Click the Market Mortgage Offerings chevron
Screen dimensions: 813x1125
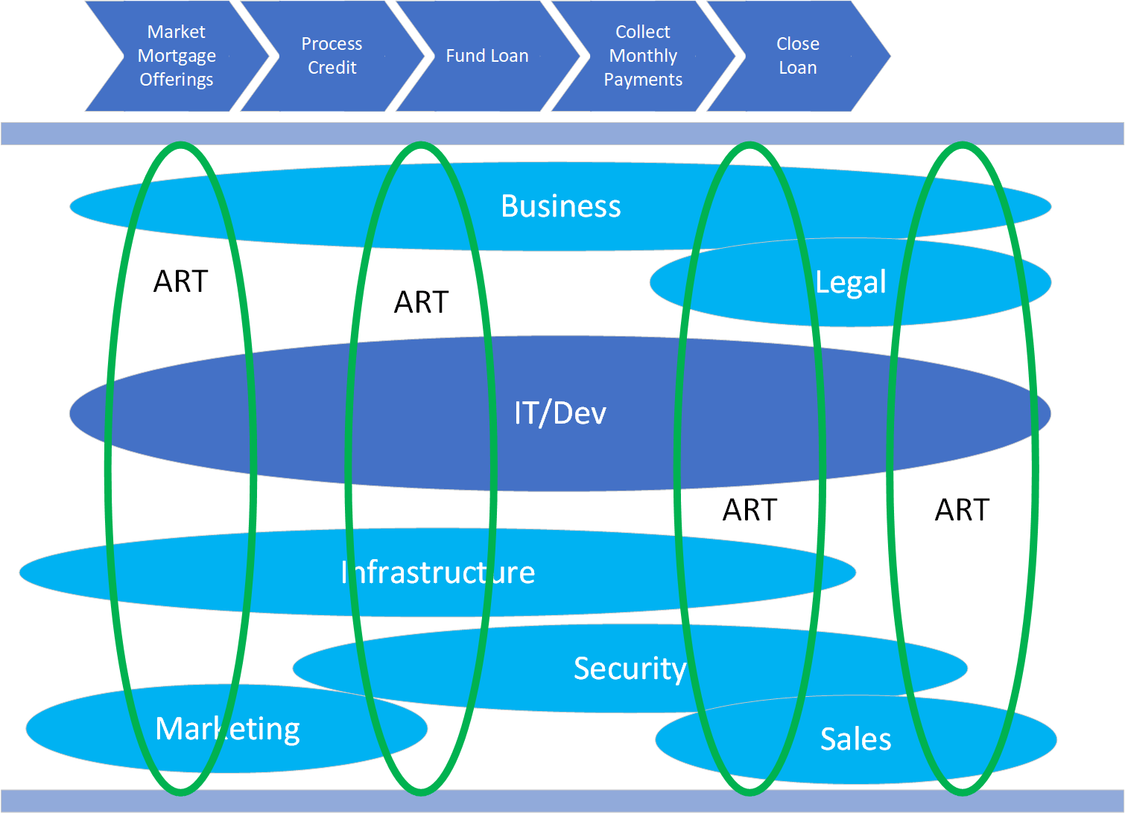177,56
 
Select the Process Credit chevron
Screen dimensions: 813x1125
332,56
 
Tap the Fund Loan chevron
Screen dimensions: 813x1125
487,56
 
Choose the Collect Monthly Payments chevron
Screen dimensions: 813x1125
643,56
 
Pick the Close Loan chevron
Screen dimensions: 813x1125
798,56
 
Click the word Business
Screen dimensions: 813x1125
560,206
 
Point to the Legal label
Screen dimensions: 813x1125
850,282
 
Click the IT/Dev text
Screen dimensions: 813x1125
560,413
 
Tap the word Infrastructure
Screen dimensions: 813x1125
438,573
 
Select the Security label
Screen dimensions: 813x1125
630,669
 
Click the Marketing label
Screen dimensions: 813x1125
227,729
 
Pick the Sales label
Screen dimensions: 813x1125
855,739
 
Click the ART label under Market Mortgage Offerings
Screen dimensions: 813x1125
180,281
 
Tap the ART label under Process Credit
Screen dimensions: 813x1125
421,302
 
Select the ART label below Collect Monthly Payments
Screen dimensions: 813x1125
750,510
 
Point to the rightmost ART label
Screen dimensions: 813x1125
962,510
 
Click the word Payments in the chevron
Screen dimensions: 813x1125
643,80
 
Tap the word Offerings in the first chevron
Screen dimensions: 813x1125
177,80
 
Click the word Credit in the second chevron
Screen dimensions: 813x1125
332,68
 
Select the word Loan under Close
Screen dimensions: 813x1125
798,68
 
